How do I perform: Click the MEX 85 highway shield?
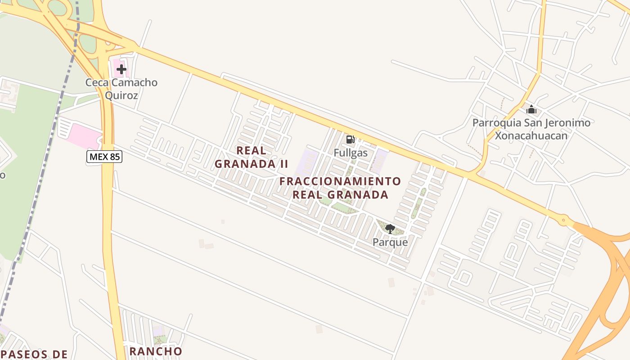click(104, 157)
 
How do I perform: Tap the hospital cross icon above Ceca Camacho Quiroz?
click(121, 69)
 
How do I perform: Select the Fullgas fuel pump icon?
click(350, 139)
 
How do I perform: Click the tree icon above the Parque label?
click(390, 229)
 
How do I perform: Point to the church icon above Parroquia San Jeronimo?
click(531, 109)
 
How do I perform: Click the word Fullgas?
click(351, 153)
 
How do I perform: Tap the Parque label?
click(390, 242)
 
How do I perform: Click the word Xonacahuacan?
click(531, 135)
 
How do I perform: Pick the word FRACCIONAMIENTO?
click(340, 181)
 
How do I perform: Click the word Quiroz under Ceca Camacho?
click(121, 95)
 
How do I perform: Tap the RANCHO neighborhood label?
click(156, 351)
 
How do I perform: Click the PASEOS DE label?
click(34, 355)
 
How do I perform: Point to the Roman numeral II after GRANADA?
click(283, 164)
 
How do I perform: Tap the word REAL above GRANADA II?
click(251, 150)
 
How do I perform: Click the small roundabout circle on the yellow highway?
click(563, 220)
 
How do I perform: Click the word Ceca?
click(97, 83)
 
